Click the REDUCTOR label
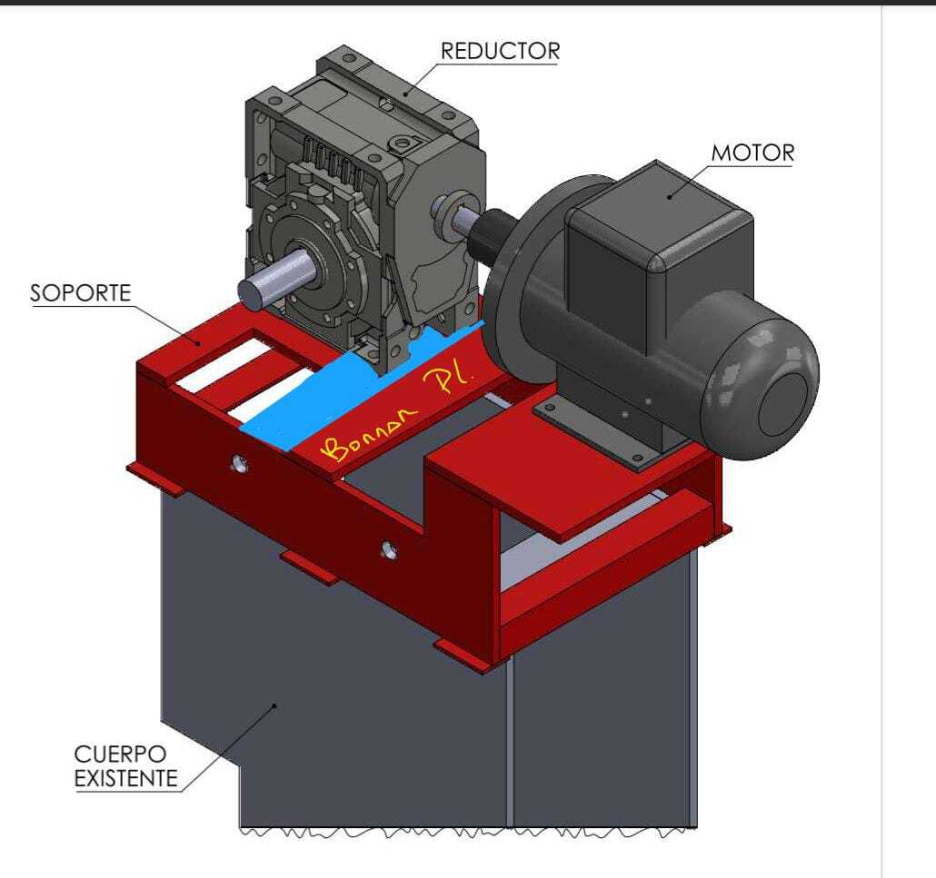[500, 51]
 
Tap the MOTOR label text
[752, 153]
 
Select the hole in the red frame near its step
[390, 548]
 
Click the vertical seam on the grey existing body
[510, 745]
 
